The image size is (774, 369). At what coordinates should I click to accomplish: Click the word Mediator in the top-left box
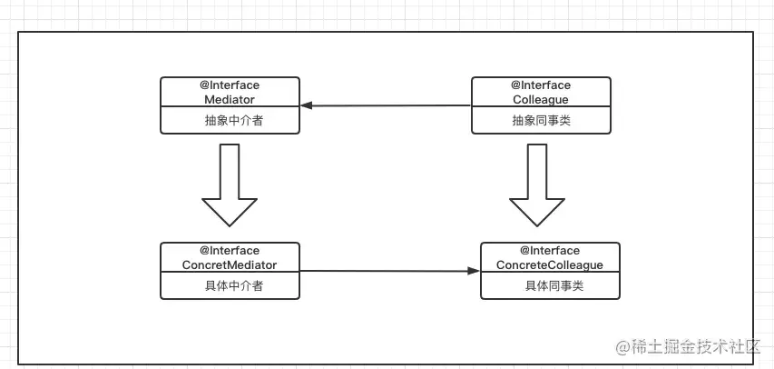coord(230,99)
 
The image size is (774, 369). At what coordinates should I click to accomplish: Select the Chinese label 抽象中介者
coord(230,120)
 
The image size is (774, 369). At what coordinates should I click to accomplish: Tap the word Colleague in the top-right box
coord(541,99)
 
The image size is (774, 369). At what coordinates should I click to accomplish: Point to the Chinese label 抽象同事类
coord(541,120)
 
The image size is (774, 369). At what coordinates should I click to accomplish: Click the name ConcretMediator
coord(230,264)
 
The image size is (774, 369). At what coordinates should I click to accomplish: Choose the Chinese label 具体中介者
coord(230,285)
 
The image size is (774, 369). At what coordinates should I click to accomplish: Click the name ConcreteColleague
coord(550,264)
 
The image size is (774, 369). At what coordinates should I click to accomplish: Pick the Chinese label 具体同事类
coord(550,285)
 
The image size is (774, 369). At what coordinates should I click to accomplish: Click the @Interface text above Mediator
coord(230,85)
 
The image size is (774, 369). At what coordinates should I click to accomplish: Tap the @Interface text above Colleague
coord(541,85)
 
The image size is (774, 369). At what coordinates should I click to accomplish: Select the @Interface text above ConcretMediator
coord(230,251)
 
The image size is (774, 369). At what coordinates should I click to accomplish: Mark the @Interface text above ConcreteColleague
coord(550,251)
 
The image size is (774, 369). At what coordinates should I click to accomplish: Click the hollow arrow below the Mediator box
coord(230,185)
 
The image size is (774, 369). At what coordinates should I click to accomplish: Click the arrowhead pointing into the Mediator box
coord(307,105)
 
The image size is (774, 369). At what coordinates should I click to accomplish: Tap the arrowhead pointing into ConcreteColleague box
coord(474,271)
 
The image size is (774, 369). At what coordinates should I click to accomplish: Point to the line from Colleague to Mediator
coord(390,105)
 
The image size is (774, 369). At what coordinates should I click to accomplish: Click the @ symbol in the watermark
coord(623,346)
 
